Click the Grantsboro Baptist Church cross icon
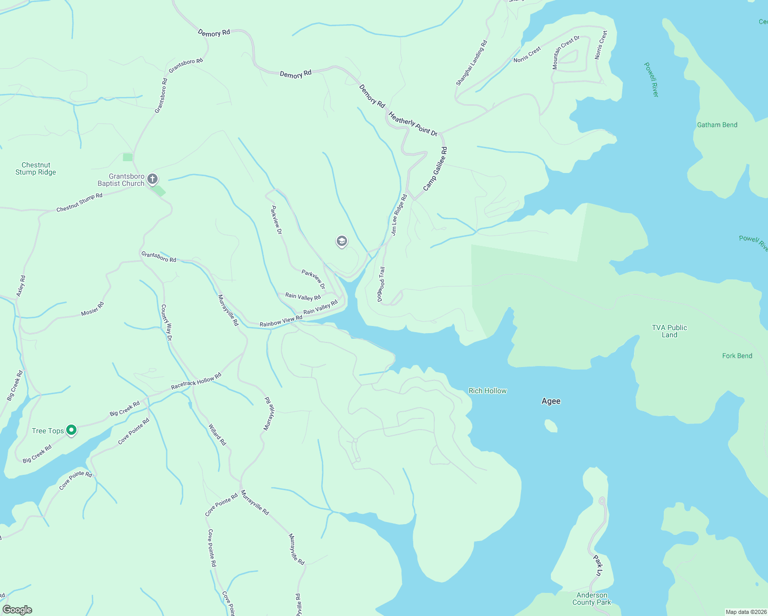[x=152, y=179]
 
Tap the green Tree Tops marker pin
[x=72, y=430]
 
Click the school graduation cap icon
[x=341, y=241]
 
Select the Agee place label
[x=551, y=401]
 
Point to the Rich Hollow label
[x=487, y=391]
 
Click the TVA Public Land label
[x=669, y=331]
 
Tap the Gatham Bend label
[x=717, y=125]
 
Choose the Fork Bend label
[x=737, y=356]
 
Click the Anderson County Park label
[x=591, y=599]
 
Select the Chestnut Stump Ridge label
[x=36, y=169]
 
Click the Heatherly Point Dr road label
[x=413, y=124]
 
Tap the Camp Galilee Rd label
[x=435, y=169]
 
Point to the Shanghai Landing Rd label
[x=471, y=63]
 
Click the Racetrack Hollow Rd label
[x=196, y=381]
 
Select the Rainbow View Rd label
[x=281, y=321]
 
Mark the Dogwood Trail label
[x=381, y=284]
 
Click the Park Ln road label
[x=598, y=565]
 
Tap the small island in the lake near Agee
[x=551, y=426]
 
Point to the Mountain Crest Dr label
[x=566, y=52]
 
